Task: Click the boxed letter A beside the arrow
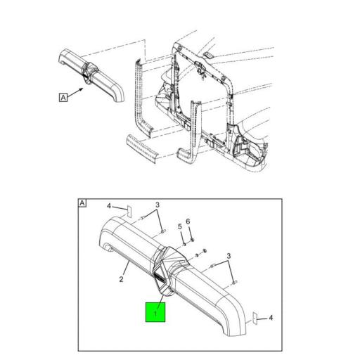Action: [x=63, y=97]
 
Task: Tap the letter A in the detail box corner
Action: [x=82, y=203]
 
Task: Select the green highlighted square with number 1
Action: [x=155, y=312]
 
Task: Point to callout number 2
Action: [x=121, y=279]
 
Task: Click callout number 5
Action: [x=180, y=226]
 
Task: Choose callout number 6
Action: [x=188, y=221]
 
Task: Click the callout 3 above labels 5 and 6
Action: [x=157, y=205]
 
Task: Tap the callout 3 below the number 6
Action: [x=229, y=256]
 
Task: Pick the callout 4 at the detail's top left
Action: [x=109, y=206]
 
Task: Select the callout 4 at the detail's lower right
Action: [x=271, y=318]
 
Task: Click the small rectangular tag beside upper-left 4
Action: [x=129, y=212]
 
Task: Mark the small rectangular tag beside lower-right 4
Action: [x=255, y=319]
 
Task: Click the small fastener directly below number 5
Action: [x=184, y=244]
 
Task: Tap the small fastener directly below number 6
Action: [x=193, y=240]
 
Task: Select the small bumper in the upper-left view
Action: [x=91, y=75]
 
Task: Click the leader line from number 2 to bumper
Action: [x=126, y=269]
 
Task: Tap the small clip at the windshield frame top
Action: [x=208, y=56]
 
